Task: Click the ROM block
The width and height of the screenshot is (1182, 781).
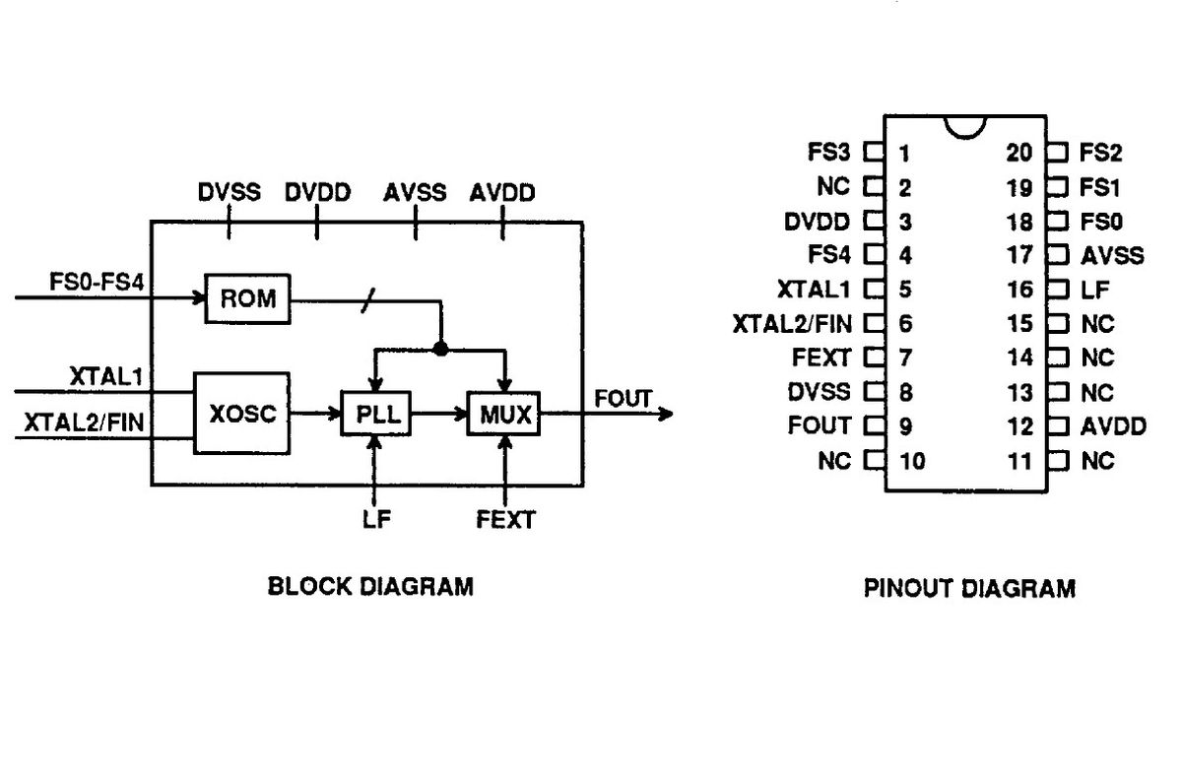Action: tap(248, 298)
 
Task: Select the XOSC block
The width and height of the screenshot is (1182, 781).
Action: tap(242, 414)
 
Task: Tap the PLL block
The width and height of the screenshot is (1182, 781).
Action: tap(375, 415)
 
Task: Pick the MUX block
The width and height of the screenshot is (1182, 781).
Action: tap(504, 415)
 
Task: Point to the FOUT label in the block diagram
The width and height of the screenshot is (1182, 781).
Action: tap(623, 398)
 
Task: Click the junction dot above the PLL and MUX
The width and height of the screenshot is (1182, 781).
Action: tap(441, 348)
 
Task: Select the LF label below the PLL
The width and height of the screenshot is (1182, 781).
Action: tap(376, 519)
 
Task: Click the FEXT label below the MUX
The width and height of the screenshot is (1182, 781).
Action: tap(506, 519)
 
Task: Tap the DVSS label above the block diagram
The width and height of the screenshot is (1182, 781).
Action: tap(229, 192)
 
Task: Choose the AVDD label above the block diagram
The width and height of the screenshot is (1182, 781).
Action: tap(502, 192)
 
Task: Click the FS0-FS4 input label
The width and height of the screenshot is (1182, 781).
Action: tap(98, 283)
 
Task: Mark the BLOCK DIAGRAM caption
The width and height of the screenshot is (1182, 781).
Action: tap(370, 587)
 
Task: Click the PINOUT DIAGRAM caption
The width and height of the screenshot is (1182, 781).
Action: tap(969, 589)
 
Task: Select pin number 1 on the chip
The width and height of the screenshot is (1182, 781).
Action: tap(904, 153)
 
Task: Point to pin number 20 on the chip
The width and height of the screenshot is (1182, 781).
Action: tap(1019, 153)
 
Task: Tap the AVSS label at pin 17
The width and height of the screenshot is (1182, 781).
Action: tap(1112, 255)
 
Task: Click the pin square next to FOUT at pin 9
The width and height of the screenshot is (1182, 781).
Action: tap(872, 426)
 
